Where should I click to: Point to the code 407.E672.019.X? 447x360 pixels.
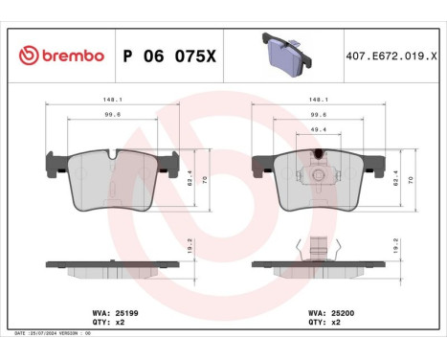pyautogui.click(x=388, y=56)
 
